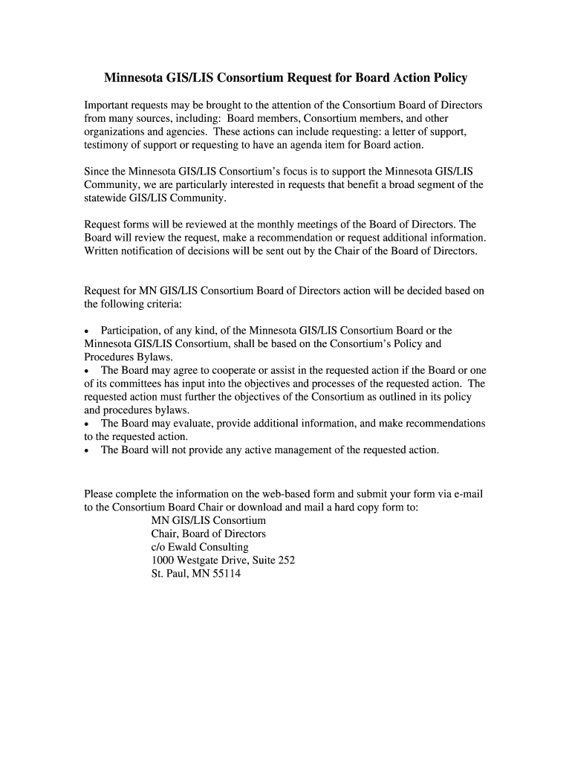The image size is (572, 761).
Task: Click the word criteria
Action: pyautogui.click(x=159, y=304)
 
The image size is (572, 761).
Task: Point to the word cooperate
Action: pyautogui.click(x=223, y=370)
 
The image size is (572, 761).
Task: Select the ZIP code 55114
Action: pyautogui.click(x=225, y=574)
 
